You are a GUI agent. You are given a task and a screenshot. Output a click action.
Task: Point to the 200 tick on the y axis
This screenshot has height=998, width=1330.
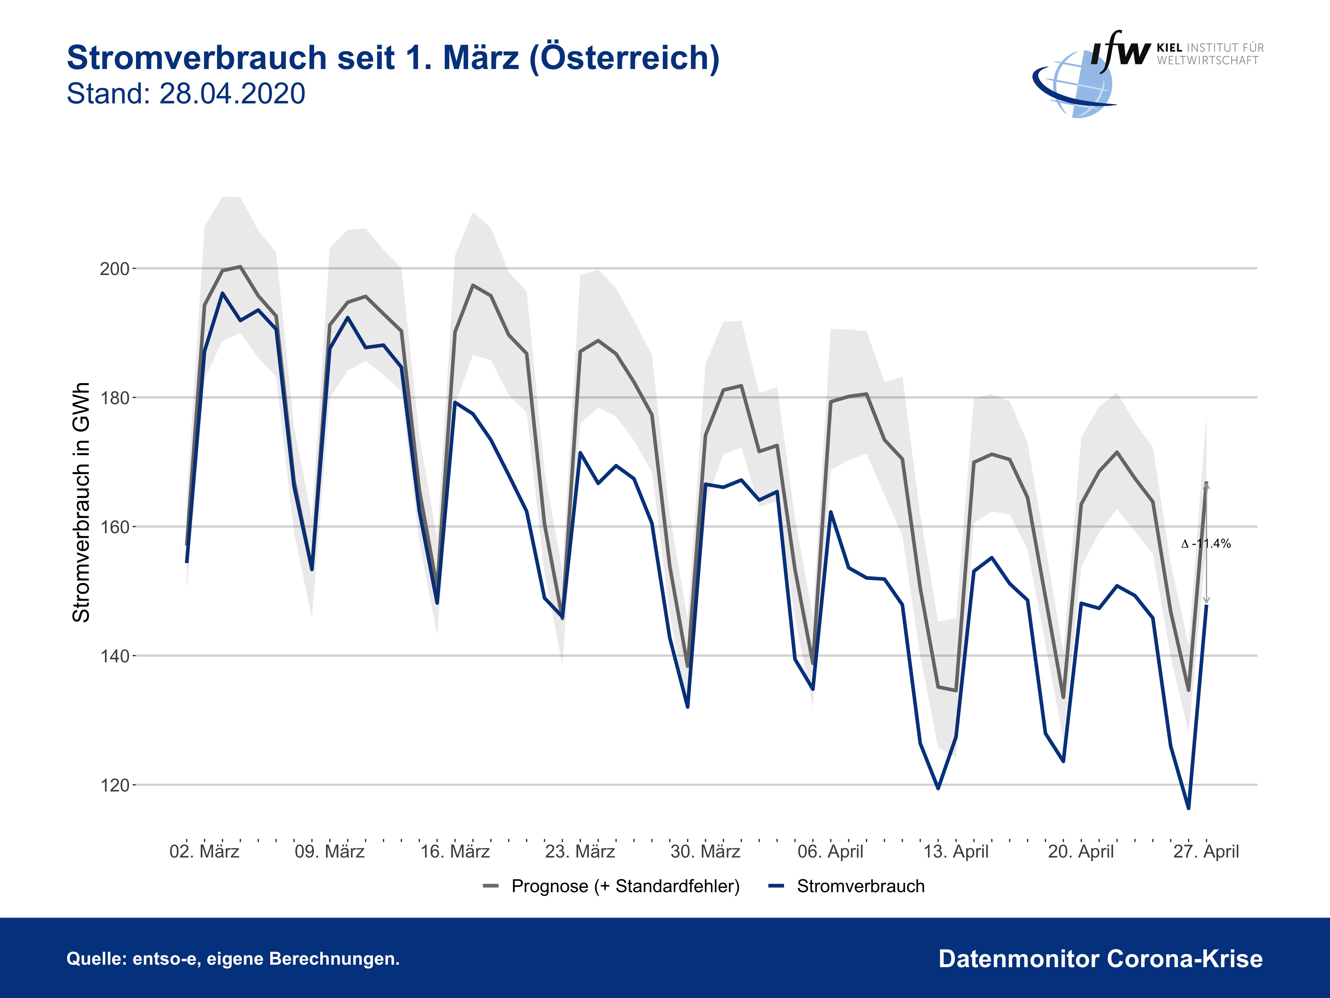click(114, 269)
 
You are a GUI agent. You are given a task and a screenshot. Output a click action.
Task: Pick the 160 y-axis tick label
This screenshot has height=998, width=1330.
click(114, 527)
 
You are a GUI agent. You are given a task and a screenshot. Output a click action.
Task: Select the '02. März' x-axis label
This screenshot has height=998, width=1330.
click(205, 852)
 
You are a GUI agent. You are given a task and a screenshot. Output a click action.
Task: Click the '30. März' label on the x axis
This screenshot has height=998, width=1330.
click(705, 852)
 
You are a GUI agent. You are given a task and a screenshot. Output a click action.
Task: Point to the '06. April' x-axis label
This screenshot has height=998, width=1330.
click(830, 852)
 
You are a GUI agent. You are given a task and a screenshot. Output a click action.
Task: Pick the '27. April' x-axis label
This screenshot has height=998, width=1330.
click(1206, 852)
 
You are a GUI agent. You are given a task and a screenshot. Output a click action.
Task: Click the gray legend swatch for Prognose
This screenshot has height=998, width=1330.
click(490, 886)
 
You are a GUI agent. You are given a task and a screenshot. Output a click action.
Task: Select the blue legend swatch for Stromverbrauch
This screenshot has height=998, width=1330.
click(776, 886)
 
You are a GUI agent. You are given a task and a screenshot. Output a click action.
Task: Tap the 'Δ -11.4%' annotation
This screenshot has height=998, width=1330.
click(1206, 544)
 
